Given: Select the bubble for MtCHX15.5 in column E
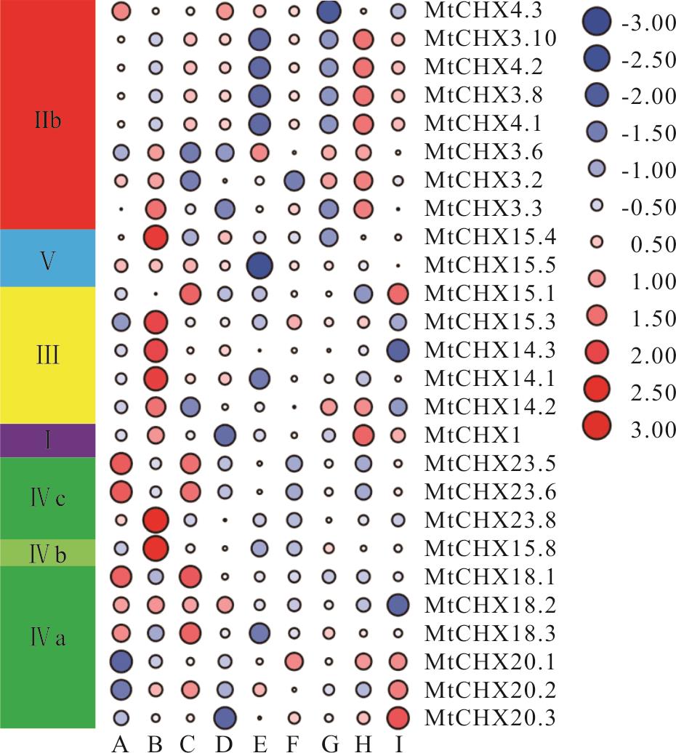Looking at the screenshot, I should point(259,265).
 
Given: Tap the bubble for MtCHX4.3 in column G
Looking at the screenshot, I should point(329,11).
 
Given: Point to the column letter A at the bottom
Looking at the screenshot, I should point(121,742).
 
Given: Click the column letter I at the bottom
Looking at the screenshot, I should point(398,742).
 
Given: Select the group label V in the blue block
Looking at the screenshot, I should point(47,260).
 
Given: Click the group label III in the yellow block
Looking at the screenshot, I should point(47,357).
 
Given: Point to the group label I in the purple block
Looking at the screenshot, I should point(47,440).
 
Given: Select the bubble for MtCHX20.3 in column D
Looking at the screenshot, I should point(225,717).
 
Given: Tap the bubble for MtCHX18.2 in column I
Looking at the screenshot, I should point(398,604).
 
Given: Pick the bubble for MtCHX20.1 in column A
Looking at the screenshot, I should point(121,661).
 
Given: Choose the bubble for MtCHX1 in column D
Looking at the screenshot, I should point(225,435).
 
